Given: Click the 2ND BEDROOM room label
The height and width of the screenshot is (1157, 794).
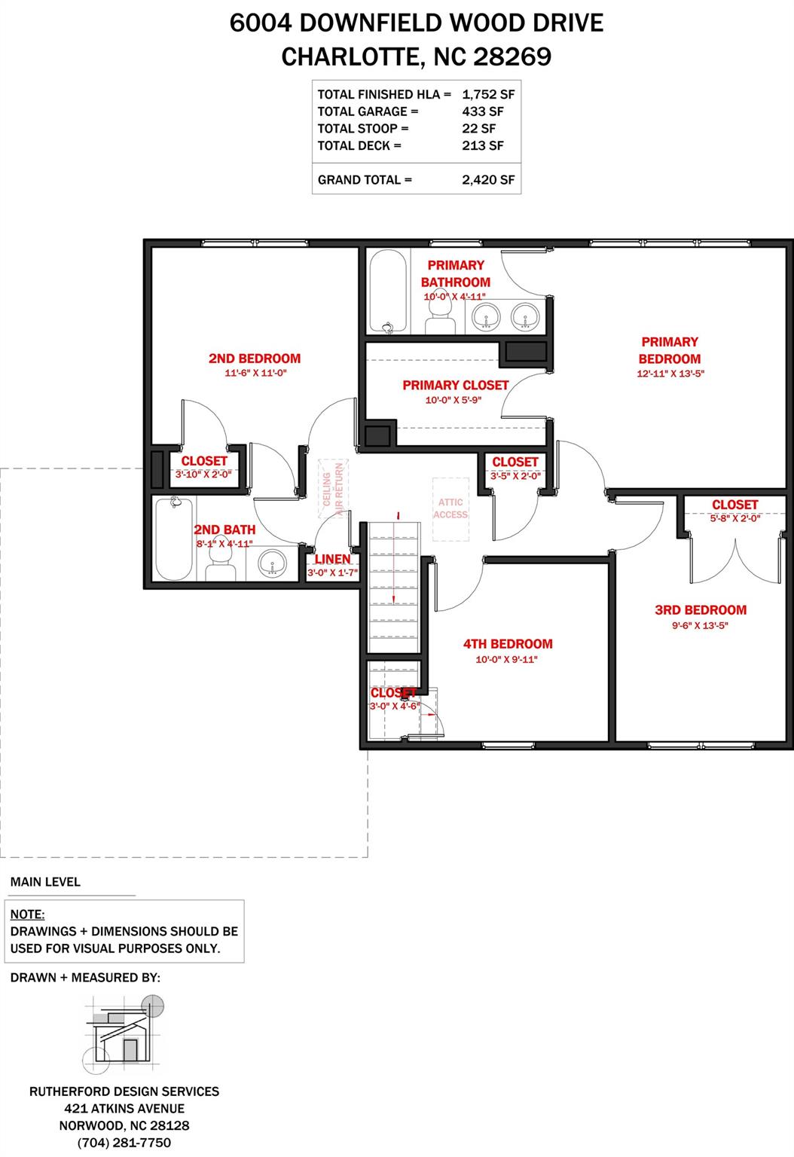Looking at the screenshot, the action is point(255,359).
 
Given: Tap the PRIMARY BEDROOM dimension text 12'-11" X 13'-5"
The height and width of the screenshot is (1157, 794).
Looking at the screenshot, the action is point(670,374).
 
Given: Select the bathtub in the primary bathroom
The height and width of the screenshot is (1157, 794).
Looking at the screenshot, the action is point(389,292).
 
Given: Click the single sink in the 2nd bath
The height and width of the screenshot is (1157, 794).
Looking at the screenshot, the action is point(272,563).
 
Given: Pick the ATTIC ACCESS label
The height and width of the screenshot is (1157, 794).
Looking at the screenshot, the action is point(450,508).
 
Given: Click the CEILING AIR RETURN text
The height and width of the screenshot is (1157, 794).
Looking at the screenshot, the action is point(333,489).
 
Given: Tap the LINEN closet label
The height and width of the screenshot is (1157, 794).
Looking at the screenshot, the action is point(333,560).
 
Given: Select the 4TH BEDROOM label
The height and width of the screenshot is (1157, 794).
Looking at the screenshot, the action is point(508,644).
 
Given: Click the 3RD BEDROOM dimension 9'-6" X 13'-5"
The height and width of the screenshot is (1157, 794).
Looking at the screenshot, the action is point(700,625).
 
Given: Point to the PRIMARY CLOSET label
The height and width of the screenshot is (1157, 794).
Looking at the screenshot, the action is point(456,386).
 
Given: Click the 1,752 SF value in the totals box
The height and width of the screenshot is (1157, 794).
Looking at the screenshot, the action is point(488,94).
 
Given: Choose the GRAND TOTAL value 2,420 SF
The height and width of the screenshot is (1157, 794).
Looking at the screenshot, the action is point(488,180).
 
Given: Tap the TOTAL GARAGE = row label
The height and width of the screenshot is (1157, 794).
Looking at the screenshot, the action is point(368,111).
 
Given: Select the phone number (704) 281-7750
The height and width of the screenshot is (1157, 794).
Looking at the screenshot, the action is point(124,1143).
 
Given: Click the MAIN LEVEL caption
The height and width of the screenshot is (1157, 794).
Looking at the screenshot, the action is point(45,882).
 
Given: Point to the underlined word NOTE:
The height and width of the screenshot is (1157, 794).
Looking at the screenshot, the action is point(27,914).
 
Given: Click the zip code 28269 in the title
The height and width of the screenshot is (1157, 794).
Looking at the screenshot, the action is point(512,56).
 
